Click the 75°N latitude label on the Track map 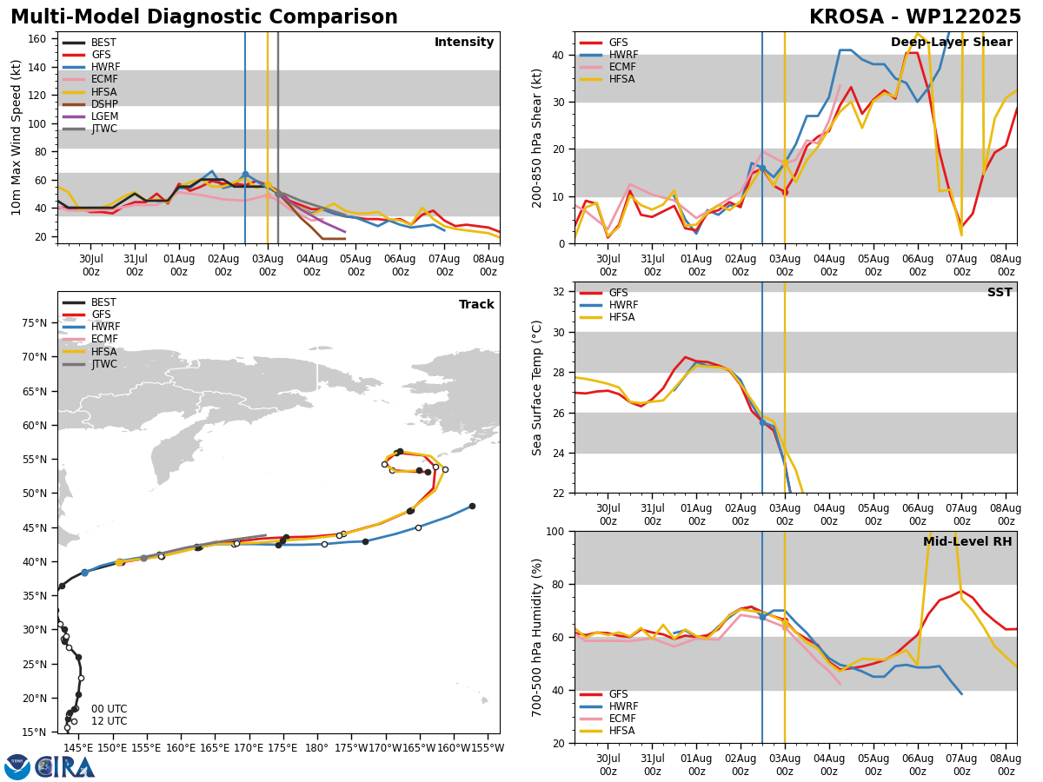pyautogui.click(x=34, y=323)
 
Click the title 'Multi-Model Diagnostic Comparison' pyautogui.click(x=204, y=17)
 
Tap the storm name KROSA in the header pyautogui.click(x=847, y=17)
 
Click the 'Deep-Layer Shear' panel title pyautogui.click(x=951, y=42)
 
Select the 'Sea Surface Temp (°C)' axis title pyautogui.click(x=537, y=388)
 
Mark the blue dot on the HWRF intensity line pyautogui.click(x=245, y=175)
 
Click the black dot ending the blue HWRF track pyautogui.click(x=472, y=507)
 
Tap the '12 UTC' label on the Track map pyautogui.click(x=110, y=721)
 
